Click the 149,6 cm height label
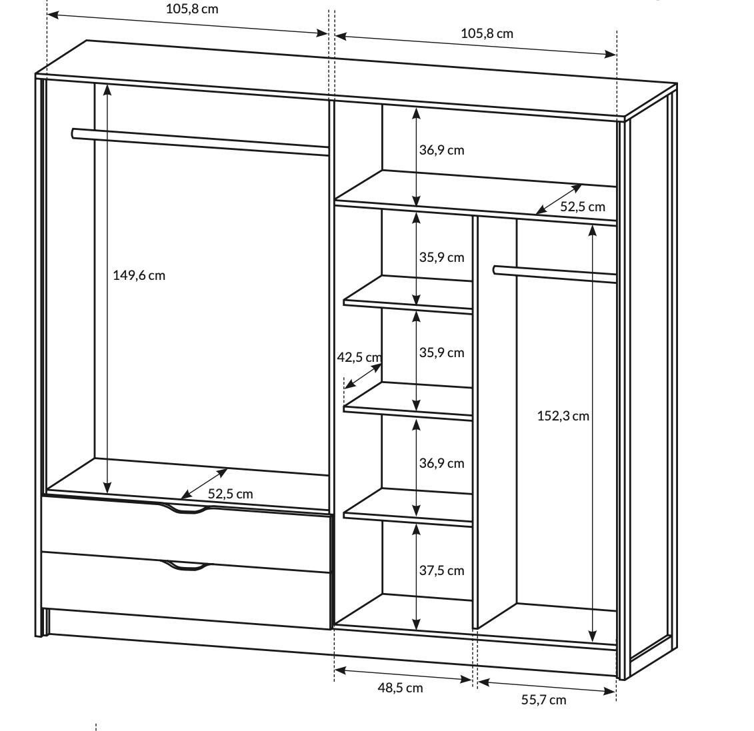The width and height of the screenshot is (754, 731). [139, 275]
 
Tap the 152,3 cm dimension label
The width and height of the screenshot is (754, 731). [563, 416]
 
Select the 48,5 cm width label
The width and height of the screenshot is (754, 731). [400, 688]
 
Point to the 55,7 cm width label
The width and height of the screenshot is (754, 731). [544, 700]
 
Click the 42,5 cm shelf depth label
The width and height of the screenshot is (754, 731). [359, 358]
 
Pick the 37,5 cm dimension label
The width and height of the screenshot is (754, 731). [441, 570]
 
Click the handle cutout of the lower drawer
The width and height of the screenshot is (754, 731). [187, 566]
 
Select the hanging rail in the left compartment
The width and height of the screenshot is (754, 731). [200, 142]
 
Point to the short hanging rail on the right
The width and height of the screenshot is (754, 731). [555, 274]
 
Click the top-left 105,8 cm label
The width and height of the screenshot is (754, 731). [192, 9]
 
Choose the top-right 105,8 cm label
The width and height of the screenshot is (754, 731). [487, 33]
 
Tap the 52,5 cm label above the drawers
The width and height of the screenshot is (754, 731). [231, 494]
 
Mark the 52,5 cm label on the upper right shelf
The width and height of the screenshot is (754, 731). [582, 207]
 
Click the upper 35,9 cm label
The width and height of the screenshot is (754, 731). [441, 258]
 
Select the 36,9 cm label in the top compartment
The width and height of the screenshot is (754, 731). [441, 151]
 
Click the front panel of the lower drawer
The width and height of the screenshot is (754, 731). [187, 590]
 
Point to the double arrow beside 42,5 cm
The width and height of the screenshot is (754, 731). [363, 376]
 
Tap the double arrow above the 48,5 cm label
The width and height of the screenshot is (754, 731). [403, 674]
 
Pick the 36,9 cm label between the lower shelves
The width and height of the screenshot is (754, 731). [441, 463]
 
